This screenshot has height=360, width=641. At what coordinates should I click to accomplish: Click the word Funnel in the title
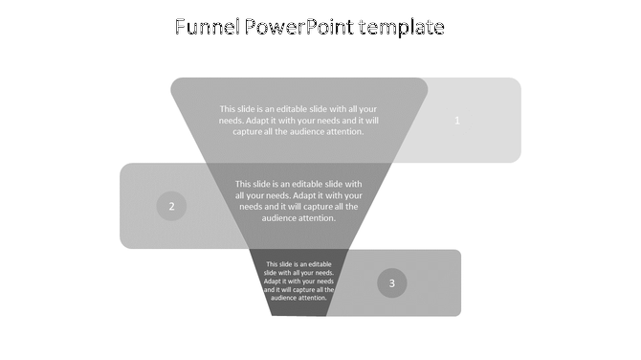204,28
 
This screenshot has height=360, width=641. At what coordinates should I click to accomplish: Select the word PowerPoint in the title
294,28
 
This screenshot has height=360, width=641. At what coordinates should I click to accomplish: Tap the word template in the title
402,28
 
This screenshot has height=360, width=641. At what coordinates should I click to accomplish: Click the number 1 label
457,121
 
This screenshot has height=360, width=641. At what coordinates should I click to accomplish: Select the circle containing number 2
171,206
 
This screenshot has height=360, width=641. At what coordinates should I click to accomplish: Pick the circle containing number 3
391,282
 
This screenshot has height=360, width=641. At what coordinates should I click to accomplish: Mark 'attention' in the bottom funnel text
313,298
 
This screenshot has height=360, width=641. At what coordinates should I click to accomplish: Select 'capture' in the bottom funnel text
298,290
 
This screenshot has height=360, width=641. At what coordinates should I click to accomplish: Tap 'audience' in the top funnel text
303,132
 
